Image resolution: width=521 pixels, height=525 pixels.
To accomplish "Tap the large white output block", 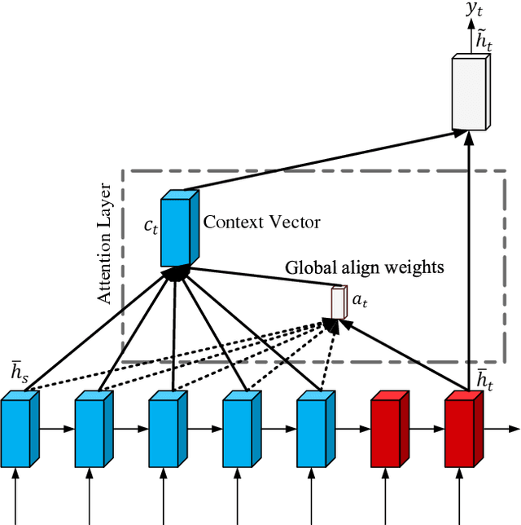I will pyautogui.click(x=471, y=92).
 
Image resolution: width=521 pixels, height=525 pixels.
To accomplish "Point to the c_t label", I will pyautogui.click(x=151, y=227).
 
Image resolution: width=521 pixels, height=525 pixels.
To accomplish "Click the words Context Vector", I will pyautogui.click(x=261, y=222).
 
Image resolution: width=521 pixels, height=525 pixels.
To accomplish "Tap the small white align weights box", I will pyautogui.click(x=338, y=302).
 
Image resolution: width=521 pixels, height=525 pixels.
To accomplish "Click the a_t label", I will pyautogui.click(x=360, y=301).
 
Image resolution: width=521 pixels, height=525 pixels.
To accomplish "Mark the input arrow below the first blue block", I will pyautogui.click(x=16, y=497).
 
